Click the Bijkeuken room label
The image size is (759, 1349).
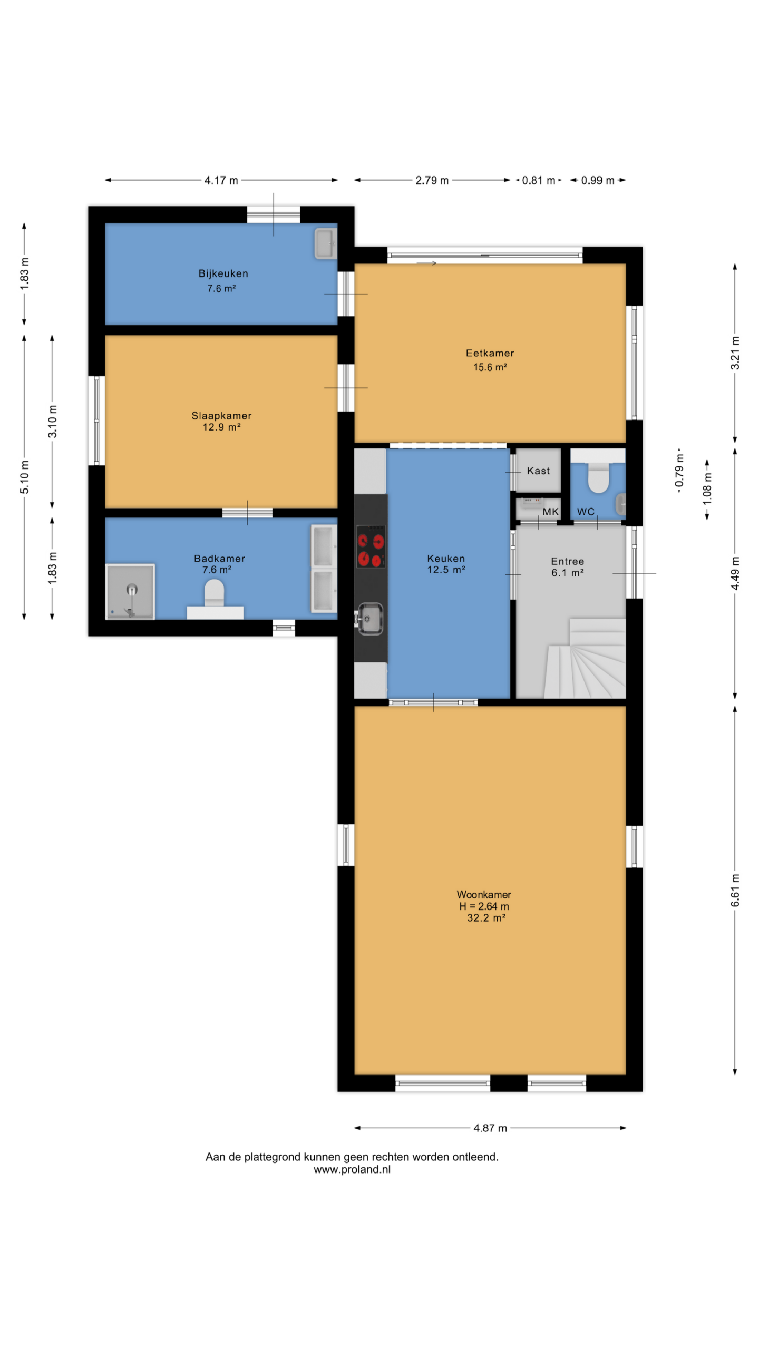click(x=223, y=273)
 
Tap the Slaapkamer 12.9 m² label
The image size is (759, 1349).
click(x=221, y=421)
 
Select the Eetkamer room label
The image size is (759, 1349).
click(x=490, y=353)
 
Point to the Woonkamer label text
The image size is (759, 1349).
click(x=484, y=894)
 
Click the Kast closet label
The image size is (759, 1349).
click(x=538, y=471)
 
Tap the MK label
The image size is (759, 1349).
click(x=550, y=512)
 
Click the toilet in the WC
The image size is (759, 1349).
click(x=598, y=477)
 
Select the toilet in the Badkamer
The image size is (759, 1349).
click(x=214, y=594)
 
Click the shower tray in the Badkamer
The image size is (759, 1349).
click(x=130, y=591)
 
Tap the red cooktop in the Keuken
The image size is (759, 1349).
click(x=371, y=545)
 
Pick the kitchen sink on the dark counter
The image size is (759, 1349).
click(x=370, y=618)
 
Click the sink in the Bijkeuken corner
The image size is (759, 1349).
click(x=325, y=243)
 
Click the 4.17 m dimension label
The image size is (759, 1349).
click(x=221, y=181)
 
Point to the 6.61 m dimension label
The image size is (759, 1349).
click(x=735, y=890)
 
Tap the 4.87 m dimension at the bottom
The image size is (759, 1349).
click(x=490, y=1128)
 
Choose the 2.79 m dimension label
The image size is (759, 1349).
click(x=432, y=181)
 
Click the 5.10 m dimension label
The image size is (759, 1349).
click(x=25, y=477)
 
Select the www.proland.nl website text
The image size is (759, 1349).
click(x=352, y=1169)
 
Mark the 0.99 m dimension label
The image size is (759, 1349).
click(x=598, y=181)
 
